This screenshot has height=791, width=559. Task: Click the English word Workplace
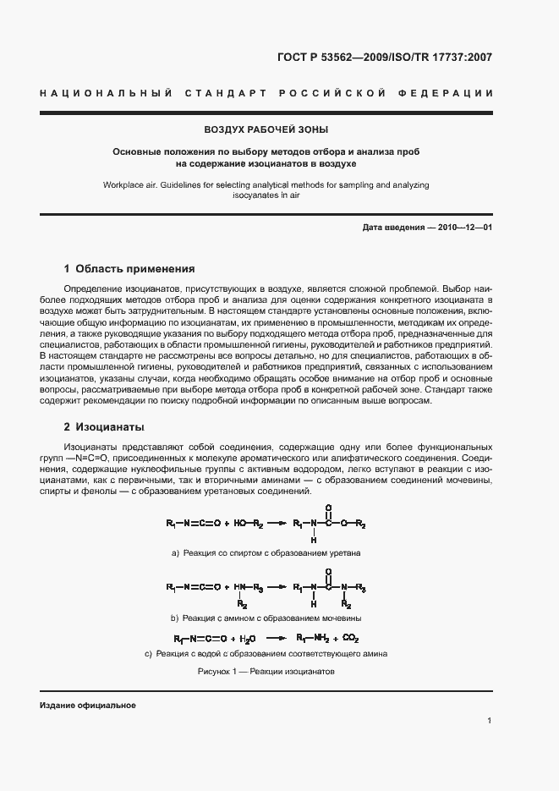pos(124,184)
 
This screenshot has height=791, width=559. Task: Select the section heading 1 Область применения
pos(129,269)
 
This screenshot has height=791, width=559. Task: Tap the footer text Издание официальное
pos(88,706)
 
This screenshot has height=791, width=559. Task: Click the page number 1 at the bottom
pos(490,721)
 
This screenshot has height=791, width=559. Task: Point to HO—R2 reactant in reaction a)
pos(249,525)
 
